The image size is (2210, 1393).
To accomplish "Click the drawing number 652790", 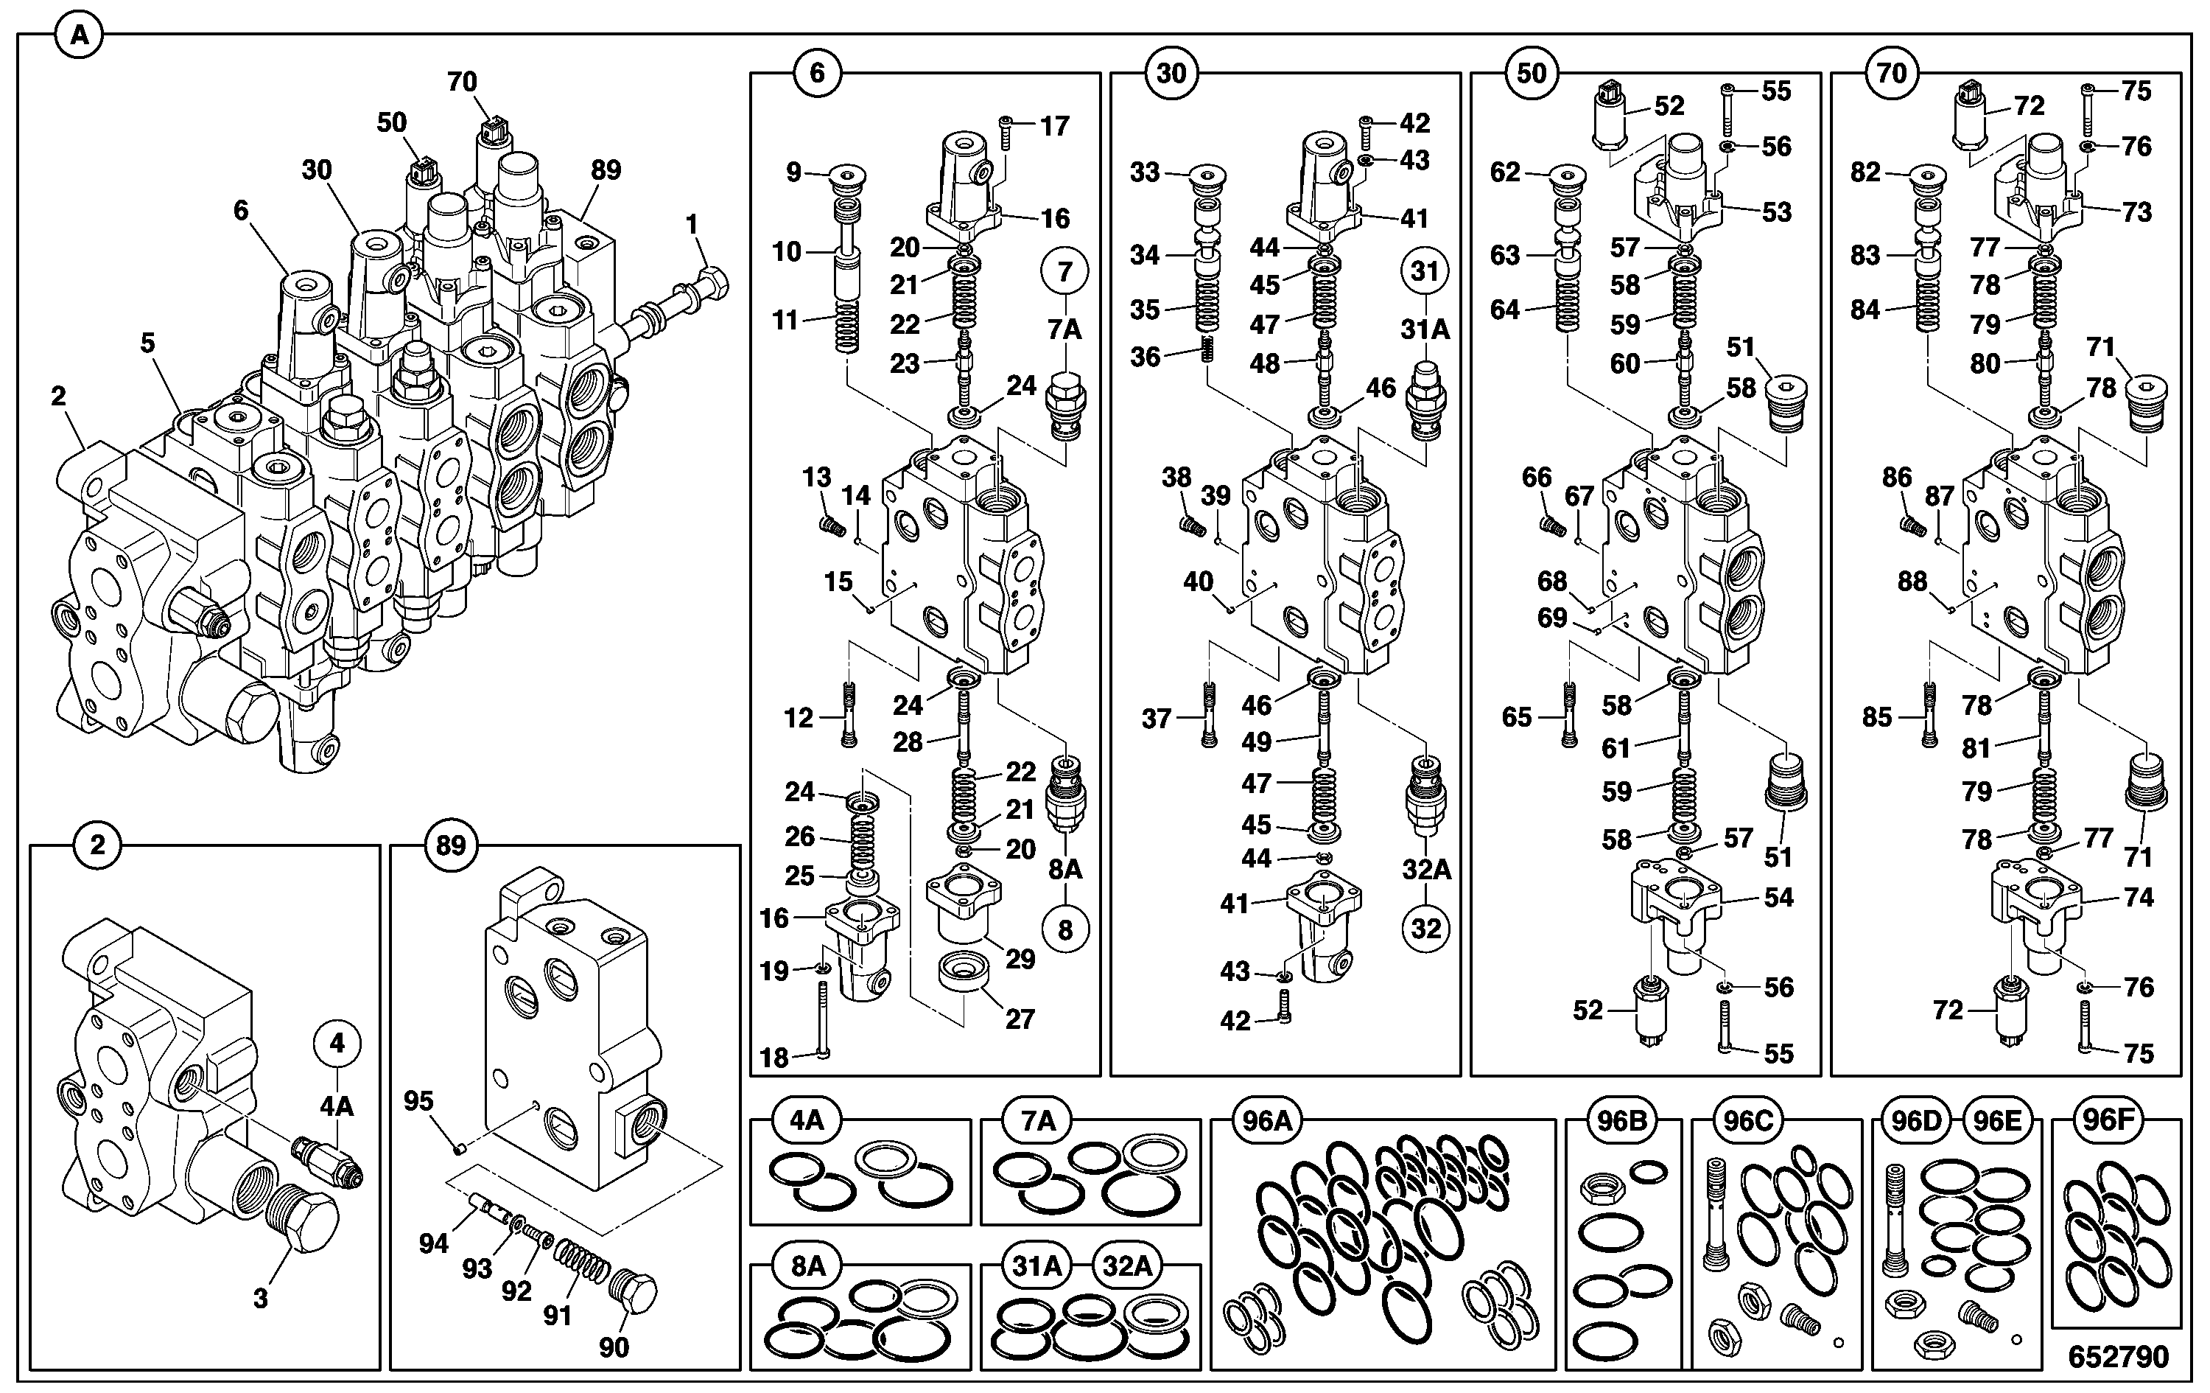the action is tap(2118, 1356).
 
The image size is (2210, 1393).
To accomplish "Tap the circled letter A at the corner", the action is tap(80, 36).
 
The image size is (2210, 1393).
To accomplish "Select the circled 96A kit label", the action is tap(1268, 1120).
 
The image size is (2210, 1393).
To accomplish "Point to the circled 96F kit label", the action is tap(2107, 1120).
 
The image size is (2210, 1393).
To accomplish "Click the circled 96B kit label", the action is tap(1621, 1120).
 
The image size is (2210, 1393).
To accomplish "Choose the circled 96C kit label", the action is tap(1747, 1120).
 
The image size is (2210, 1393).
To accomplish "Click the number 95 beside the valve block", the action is tap(418, 1101).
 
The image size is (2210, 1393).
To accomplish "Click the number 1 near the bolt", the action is tap(692, 224).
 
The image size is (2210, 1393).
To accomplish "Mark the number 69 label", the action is tap(1552, 618).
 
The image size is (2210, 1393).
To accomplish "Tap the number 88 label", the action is tap(1912, 582).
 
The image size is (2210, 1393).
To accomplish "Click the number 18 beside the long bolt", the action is tap(774, 1058).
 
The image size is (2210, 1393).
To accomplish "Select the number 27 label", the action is tap(1020, 1019).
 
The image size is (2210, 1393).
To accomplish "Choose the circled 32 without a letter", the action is tap(1425, 929).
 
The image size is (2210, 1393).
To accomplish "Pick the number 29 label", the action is tap(1020, 959).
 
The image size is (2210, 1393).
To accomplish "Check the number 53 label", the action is tap(1777, 212).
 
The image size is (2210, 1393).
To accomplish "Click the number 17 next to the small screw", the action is tap(1054, 126).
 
